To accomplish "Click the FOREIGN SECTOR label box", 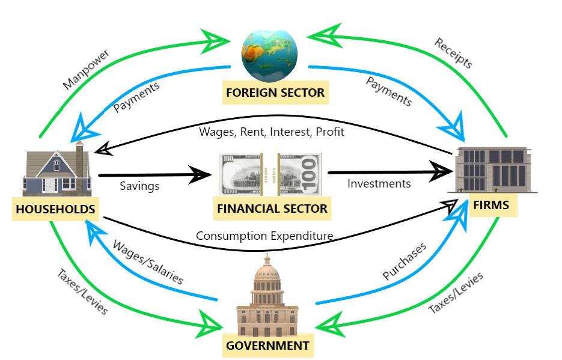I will [275, 93].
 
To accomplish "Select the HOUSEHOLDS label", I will [55, 209].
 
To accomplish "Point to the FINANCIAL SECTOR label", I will [270, 209].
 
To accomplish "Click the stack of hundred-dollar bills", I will [270, 174].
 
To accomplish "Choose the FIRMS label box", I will [490, 205].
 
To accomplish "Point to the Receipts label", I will [454, 53].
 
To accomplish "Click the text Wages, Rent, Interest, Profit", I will [272, 131].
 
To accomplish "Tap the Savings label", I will [139, 186].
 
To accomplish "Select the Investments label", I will [379, 183].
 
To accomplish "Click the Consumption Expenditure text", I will [264, 236].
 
